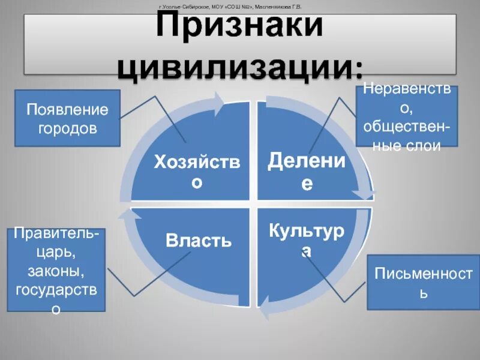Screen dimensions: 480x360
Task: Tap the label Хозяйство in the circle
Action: coord(197,170)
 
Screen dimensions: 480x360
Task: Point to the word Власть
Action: coord(199,241)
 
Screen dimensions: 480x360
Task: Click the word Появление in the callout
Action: coord(67,110)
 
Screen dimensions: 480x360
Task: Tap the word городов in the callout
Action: coord(67,128)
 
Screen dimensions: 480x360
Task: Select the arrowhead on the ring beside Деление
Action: coord(364,194)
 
